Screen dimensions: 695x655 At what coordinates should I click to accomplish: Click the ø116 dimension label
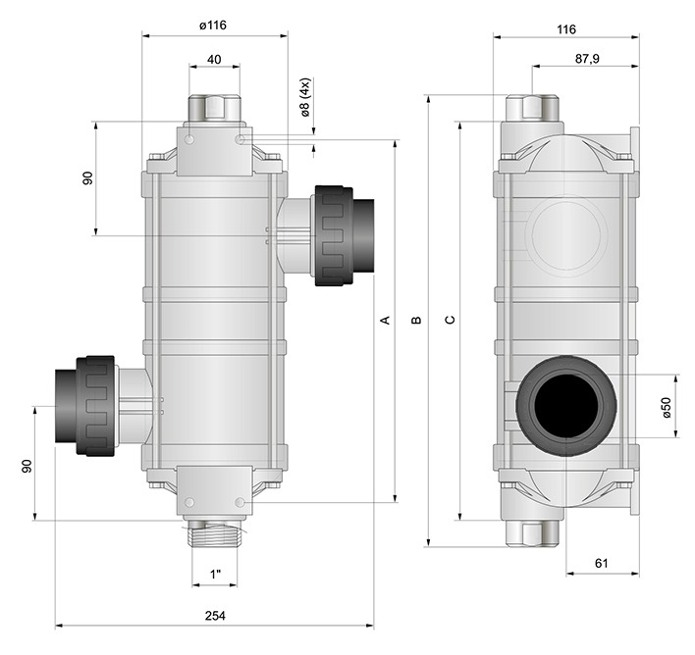tap(213, 25)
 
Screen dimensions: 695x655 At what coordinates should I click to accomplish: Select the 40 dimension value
tap(214, 60)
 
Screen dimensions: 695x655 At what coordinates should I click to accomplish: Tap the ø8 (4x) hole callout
tap(305, 98)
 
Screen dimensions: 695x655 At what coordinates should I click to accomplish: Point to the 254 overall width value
tap(215, 616)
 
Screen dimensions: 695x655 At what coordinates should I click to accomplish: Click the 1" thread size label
tap(215, 575)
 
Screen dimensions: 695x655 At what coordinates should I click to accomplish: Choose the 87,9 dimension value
tap(587, 59)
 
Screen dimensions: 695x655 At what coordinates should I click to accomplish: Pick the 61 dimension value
tap(601, 564)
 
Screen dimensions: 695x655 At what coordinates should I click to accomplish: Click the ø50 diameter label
tap(667, 407)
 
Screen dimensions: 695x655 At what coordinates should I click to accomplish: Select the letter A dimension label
tap(385, 320)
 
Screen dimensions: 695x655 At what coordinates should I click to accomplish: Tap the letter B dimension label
tap(416, 320)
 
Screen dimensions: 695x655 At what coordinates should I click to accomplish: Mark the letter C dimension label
tap(450, 320)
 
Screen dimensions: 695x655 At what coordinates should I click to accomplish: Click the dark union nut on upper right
tap(334, 235)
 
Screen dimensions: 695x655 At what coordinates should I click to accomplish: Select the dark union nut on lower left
tap(96, 406)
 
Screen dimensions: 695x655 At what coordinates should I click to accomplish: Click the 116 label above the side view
tap(566, 29)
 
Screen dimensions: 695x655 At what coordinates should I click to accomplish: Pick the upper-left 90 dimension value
tap(87, 178)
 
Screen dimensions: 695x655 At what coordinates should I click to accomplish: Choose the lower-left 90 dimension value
tap(27, 466)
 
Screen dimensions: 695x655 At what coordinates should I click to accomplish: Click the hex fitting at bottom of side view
tap(532, 532)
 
